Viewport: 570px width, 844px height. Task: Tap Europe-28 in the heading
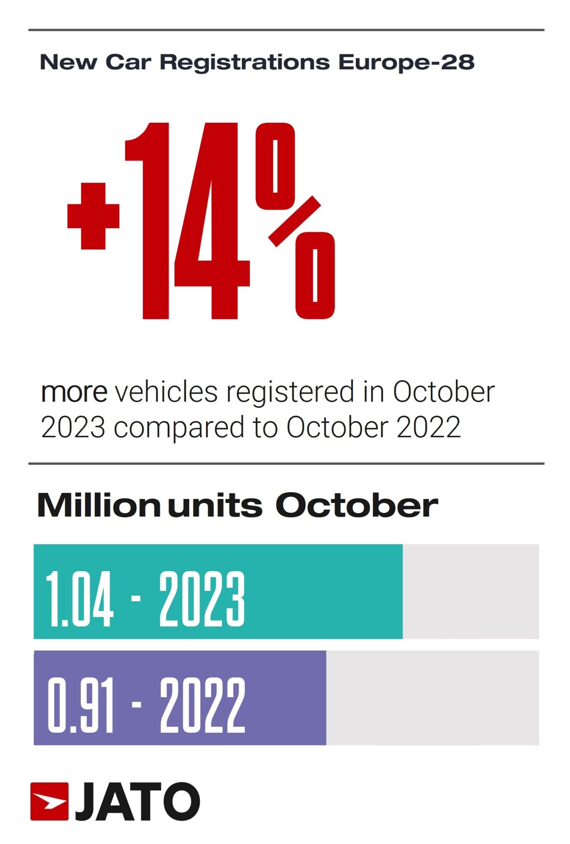tap(406, 62)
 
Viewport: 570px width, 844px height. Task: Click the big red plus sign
tap(94, 216)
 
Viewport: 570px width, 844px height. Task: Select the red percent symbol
tap(295, 220)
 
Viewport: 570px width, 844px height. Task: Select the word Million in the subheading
tap(99, 505)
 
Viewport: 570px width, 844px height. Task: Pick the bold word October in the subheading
tap(356, 505)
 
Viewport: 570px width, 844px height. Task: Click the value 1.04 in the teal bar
tap(79, 599)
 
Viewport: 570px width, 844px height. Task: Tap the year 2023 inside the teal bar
tap(202, 599)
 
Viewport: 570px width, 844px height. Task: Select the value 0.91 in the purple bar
tap(80, 705)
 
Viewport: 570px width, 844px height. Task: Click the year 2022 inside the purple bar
tap(202, 705)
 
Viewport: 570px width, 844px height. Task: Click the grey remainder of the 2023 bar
tap(470, 591)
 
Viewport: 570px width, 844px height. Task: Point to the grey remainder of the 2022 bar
tap(432, 698)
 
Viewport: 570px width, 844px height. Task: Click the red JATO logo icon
tap(49, 801)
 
